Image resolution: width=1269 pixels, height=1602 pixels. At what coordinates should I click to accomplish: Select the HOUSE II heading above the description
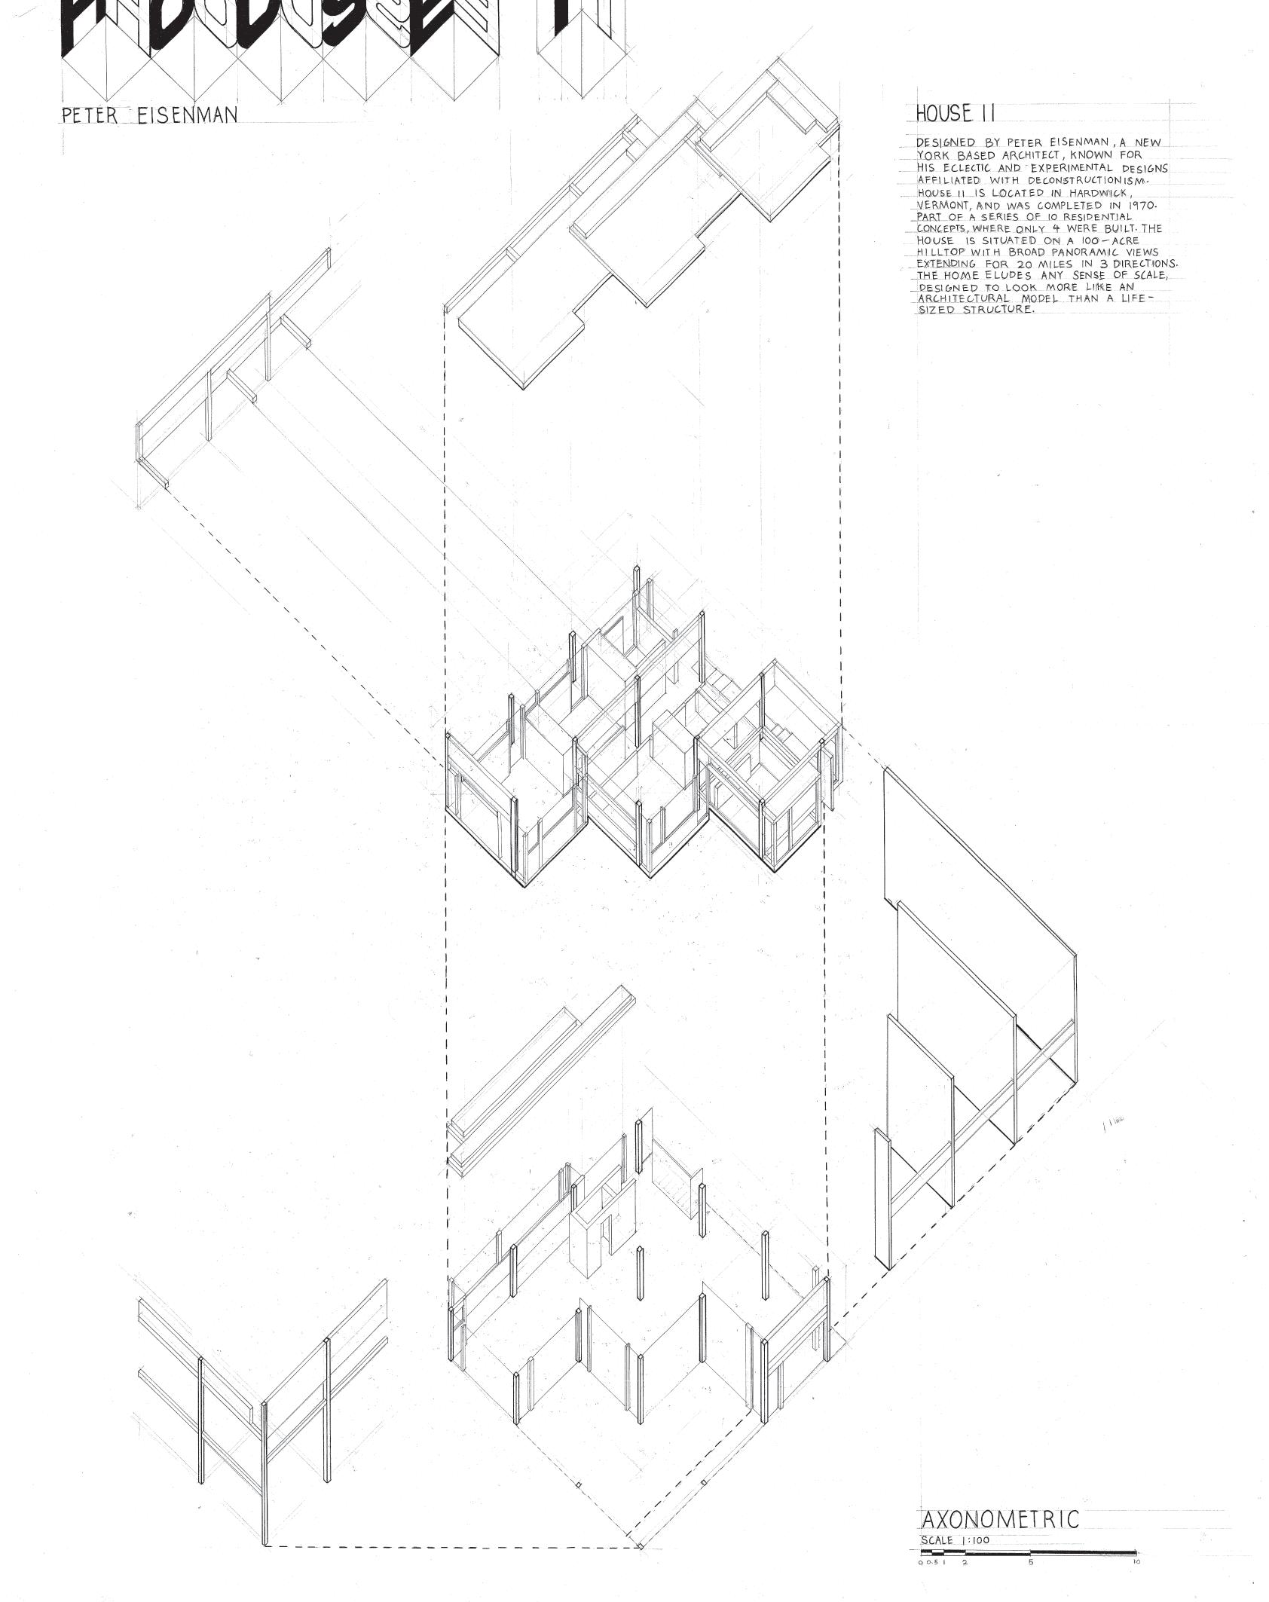955,114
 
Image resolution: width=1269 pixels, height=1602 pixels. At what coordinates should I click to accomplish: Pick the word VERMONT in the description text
943,205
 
